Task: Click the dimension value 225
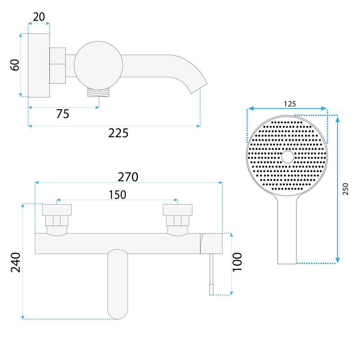118,133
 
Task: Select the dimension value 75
63,114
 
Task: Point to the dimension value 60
15,65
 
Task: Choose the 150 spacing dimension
117,194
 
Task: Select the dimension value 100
238,262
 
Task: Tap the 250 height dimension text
346,189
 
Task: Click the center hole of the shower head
287,157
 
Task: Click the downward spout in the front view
118,284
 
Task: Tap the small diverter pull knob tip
211,289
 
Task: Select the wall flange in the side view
39,65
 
